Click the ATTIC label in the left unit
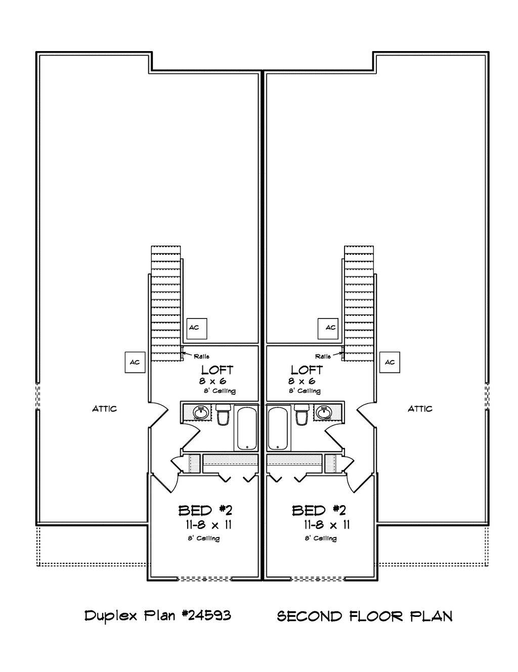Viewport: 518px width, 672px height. tap(104, 409)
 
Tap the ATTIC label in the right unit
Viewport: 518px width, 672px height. tap(420, 409)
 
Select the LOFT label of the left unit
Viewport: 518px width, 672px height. tap(218, 370)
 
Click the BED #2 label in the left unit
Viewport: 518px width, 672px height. tap(205, 510)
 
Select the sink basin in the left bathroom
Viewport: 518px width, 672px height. tap(201, 412)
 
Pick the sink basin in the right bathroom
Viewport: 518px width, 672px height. tap(323, 412)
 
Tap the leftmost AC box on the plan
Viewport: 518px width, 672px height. tap(135, 362)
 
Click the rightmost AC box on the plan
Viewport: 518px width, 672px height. tap(390, 362)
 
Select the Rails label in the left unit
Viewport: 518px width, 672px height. tap(201, 356)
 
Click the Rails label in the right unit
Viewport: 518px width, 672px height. tap(323, 356)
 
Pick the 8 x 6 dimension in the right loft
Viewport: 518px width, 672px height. tap(302, 381)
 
